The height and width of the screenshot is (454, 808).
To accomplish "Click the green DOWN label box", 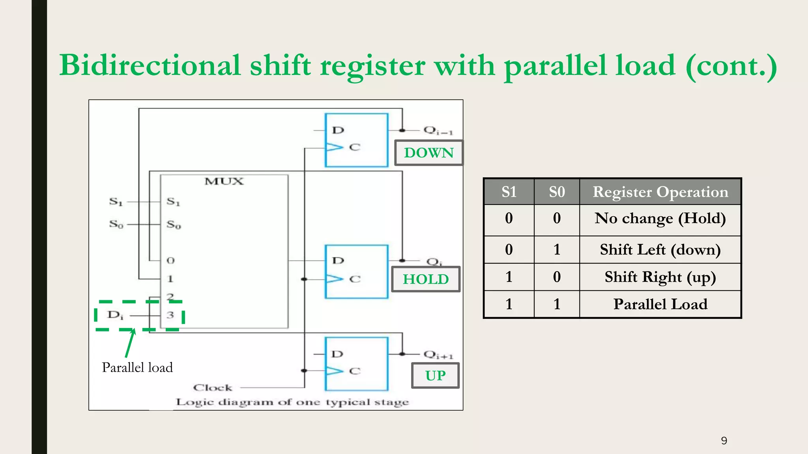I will click(x=429, y=153).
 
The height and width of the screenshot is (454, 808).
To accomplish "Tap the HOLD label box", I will click(x=426, y=279).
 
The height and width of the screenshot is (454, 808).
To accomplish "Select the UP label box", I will click(x=435, y=376).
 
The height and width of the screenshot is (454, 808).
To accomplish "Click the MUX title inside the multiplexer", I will click(x=224, y=181).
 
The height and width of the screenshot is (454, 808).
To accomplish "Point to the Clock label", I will click(x=213, y=388).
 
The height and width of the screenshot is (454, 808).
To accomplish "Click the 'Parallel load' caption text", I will click(x=137, y=367).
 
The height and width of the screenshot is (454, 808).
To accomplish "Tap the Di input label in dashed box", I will click(x=115, y=315).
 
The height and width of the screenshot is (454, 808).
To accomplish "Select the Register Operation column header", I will click(x=660, y=192).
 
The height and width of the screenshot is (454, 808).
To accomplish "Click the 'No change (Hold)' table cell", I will click(x=660, y=218).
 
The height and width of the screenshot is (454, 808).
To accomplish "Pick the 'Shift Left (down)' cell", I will click(x=660, y=249).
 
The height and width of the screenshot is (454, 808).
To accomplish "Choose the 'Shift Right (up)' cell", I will click(x=660, y=277).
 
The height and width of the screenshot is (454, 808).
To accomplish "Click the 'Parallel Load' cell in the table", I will click(x=660, y=304).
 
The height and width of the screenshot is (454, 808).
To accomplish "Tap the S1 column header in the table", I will click(x=509, y=192).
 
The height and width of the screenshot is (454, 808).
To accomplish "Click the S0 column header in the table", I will click(x=557, y=192).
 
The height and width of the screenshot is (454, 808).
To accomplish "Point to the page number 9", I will click(x=724, y=441).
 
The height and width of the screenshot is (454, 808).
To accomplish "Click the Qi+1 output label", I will click(x=438, y=355).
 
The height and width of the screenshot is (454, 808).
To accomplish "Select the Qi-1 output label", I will click(x=438, y=130).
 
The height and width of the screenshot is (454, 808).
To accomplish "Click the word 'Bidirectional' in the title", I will click(x=150, y=65).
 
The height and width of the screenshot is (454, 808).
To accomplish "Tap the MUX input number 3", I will click(x=170, y=315).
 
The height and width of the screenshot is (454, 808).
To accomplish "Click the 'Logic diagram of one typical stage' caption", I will click(x=292, y=402).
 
